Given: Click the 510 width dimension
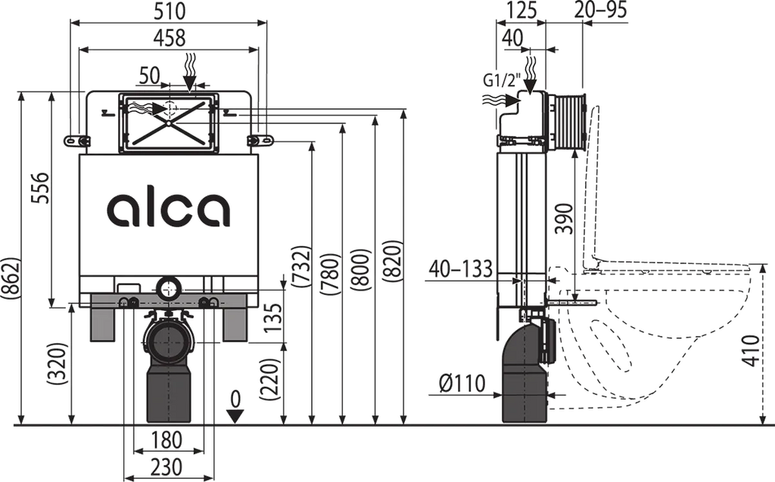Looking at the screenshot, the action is [x=169, y=11].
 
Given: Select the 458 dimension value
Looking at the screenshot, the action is [x=169, y=38].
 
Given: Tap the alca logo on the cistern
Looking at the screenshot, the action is [x=169, y=209].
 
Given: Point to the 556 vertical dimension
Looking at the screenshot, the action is [x=41, y=188].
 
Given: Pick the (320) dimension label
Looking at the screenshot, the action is [x=57, y=363].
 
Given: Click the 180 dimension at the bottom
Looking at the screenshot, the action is [x=167, y=440].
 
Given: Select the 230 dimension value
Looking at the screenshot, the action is [x=167, y=467].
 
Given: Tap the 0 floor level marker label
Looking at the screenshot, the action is [x=236, y=400].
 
